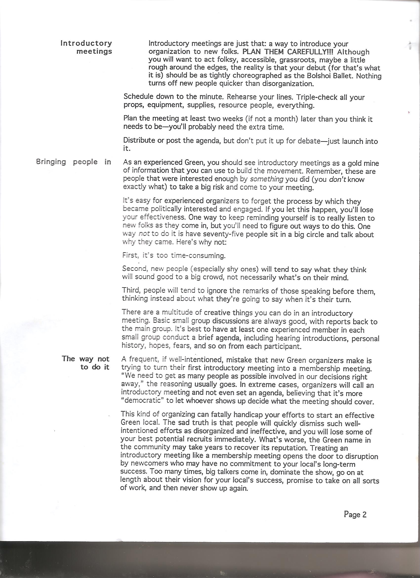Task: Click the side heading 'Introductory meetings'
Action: (86, 47)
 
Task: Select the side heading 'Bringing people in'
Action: (74, 162)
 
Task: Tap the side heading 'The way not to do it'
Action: (86, 363)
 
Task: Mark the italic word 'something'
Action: (267, 179)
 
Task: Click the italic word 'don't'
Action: (337, 179)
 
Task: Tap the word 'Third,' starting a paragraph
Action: (130, 290)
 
